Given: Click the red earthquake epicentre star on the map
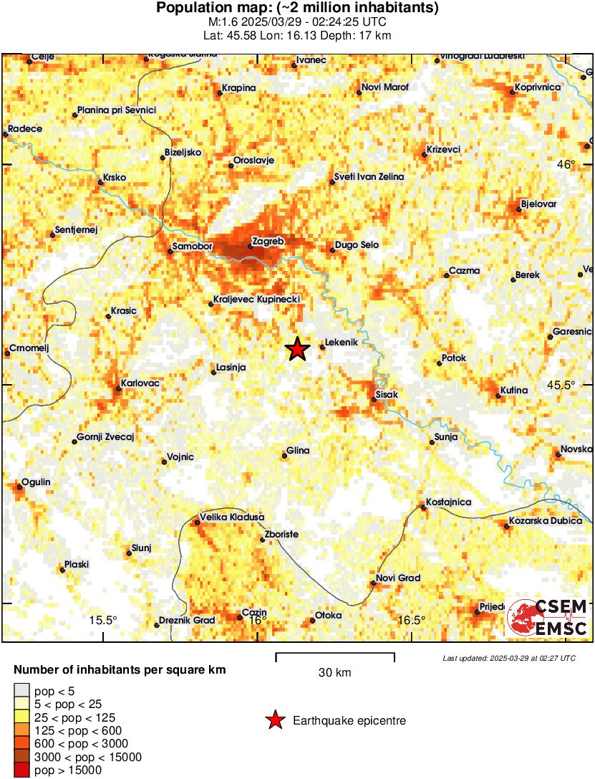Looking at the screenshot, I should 297,349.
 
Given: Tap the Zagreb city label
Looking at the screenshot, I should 269,242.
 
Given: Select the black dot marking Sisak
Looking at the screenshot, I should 374,399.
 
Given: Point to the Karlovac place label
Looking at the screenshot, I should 140,383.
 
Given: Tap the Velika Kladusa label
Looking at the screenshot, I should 232,517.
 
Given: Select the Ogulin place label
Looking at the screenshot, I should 36,482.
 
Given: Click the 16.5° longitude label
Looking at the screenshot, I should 412,620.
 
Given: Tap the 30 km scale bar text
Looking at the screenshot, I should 334,673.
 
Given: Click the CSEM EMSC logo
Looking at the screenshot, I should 548,618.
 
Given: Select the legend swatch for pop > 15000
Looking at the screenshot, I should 21,770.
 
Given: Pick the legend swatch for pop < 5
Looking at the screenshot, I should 21,692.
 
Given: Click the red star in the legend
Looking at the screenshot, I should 274,720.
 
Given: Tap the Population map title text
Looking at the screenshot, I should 297,9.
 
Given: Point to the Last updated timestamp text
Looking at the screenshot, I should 508,658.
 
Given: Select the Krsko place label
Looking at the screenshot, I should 115,176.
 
